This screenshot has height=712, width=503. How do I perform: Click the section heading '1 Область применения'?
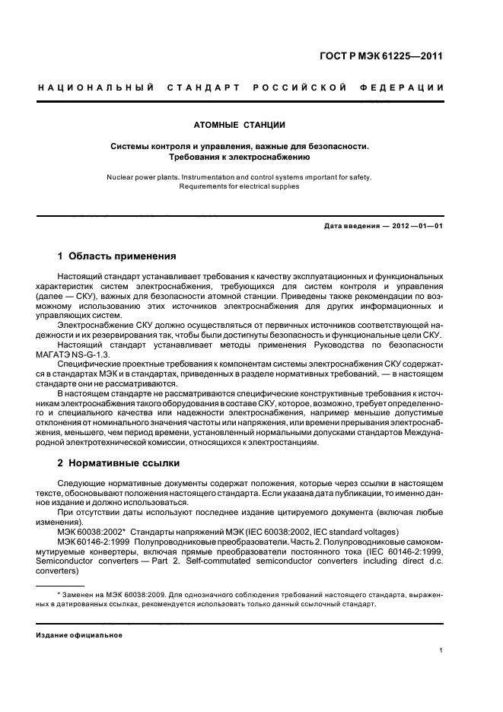[117, 256]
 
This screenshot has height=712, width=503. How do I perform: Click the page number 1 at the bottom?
[441, 650]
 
